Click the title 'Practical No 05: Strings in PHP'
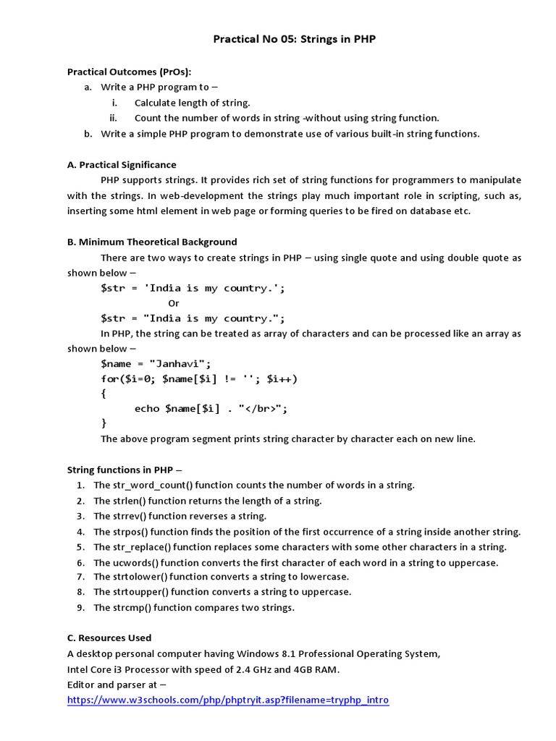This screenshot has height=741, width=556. point(294,39)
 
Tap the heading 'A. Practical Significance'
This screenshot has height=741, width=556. point(122,164)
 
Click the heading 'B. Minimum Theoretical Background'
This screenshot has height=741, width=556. point(152,242)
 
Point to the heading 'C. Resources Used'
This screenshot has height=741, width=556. point(109,638)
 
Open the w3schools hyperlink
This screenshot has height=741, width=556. point(228,700)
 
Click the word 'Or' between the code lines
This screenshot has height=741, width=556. point(174,303)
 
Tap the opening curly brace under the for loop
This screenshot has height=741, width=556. point(104,394)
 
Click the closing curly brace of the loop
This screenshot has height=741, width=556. point(104,423)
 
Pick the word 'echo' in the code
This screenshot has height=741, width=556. point(147,409)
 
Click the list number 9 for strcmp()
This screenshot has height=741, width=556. point(80,607)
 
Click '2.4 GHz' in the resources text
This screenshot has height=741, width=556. point(260,669)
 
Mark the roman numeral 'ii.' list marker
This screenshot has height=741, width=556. point(113,118)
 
